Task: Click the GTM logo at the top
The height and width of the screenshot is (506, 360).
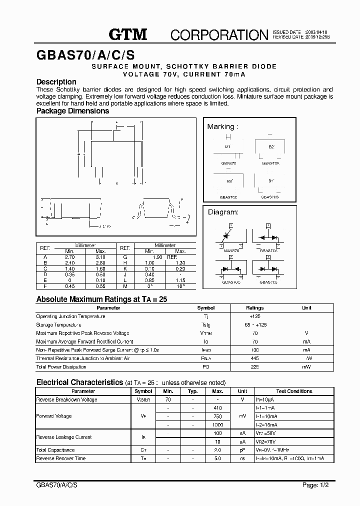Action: click(128, 34)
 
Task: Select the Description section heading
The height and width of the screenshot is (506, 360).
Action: click(56, 81)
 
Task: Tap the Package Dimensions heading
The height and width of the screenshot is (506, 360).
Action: click(72, 111)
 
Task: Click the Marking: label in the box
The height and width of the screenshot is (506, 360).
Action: click(222, 126)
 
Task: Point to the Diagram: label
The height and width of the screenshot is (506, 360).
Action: click(223, 212)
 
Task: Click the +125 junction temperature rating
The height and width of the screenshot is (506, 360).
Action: click(255, 316)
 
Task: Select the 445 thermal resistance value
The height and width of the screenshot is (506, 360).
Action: click(255, 358)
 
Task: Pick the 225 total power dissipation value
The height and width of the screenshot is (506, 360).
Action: click(255, 367)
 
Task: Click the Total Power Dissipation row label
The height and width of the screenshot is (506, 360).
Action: click(61, 367)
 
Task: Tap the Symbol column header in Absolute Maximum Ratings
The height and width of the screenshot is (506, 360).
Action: click(206, 308)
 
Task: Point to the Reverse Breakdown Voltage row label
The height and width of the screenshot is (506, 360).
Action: click(66, 400)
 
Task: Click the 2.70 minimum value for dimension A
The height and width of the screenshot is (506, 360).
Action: click(69, 256)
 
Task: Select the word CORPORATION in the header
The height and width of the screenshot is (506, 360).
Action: click(219, 35)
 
